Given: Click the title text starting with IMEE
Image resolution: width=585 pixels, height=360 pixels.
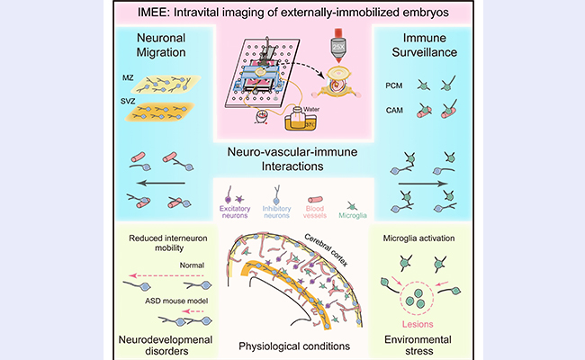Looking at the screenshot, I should click(292, 13).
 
